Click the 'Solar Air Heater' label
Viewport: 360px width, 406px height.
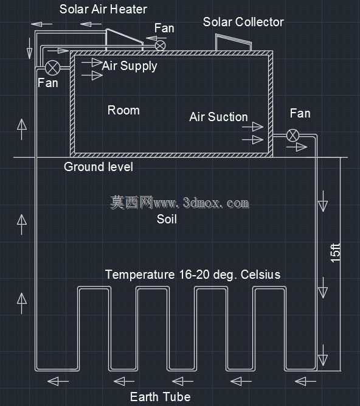[x=103, y=9]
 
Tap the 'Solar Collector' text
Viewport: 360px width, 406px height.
[x=243, y=22]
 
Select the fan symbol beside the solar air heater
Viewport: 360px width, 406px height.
[x=161, y=46]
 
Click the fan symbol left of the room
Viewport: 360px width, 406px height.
[x=52, y=68]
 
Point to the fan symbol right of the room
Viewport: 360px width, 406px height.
[x=292, y=135]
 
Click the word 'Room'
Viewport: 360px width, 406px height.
[x=123, y=110]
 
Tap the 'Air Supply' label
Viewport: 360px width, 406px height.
[x=130, y=66]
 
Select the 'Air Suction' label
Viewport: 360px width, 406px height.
[x=218, y=117]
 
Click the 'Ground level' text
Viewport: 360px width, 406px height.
[x=99, y=167]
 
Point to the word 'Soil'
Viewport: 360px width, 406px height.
[x=167, y=219]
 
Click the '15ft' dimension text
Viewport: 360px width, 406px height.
[x=336, y=253]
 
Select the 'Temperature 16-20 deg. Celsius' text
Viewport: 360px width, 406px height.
[x=193, y=275]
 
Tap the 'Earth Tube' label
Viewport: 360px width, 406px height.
[x=161, y=397]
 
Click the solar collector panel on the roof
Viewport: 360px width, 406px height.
[x=234, y=42]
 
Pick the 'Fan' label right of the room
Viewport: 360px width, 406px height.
[x=300, y=113]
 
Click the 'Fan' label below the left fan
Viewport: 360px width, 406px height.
[x=48, y=83]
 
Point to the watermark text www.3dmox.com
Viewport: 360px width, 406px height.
[x=201, y=203]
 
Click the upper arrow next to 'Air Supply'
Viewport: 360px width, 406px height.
[x=92, y=63]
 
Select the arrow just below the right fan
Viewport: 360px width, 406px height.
[x=297, y=147]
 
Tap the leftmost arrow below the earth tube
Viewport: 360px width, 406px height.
[x=58, y=382]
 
